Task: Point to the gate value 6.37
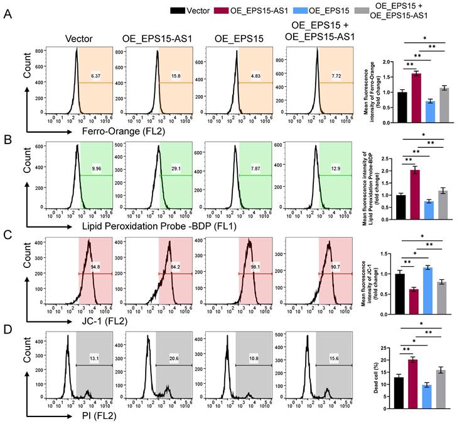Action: [x=96, y=76]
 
